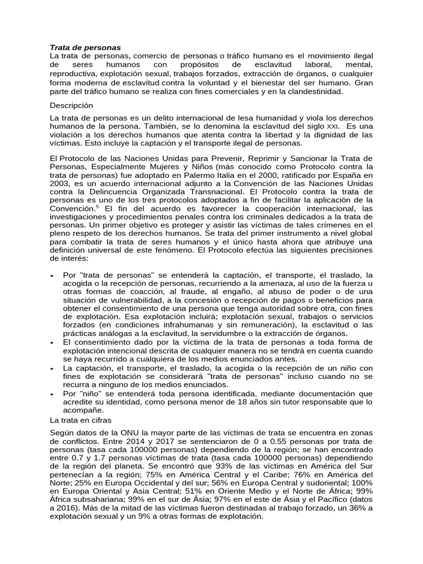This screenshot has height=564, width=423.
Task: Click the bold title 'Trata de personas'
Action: tap(85, 47)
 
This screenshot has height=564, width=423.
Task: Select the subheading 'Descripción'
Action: tap(72, 105)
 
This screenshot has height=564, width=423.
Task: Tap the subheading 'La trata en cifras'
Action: tap(80, 420)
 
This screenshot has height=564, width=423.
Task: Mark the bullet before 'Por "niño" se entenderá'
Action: tap(51, 394)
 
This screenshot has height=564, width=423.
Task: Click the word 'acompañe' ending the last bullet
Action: tap(83, 410)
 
